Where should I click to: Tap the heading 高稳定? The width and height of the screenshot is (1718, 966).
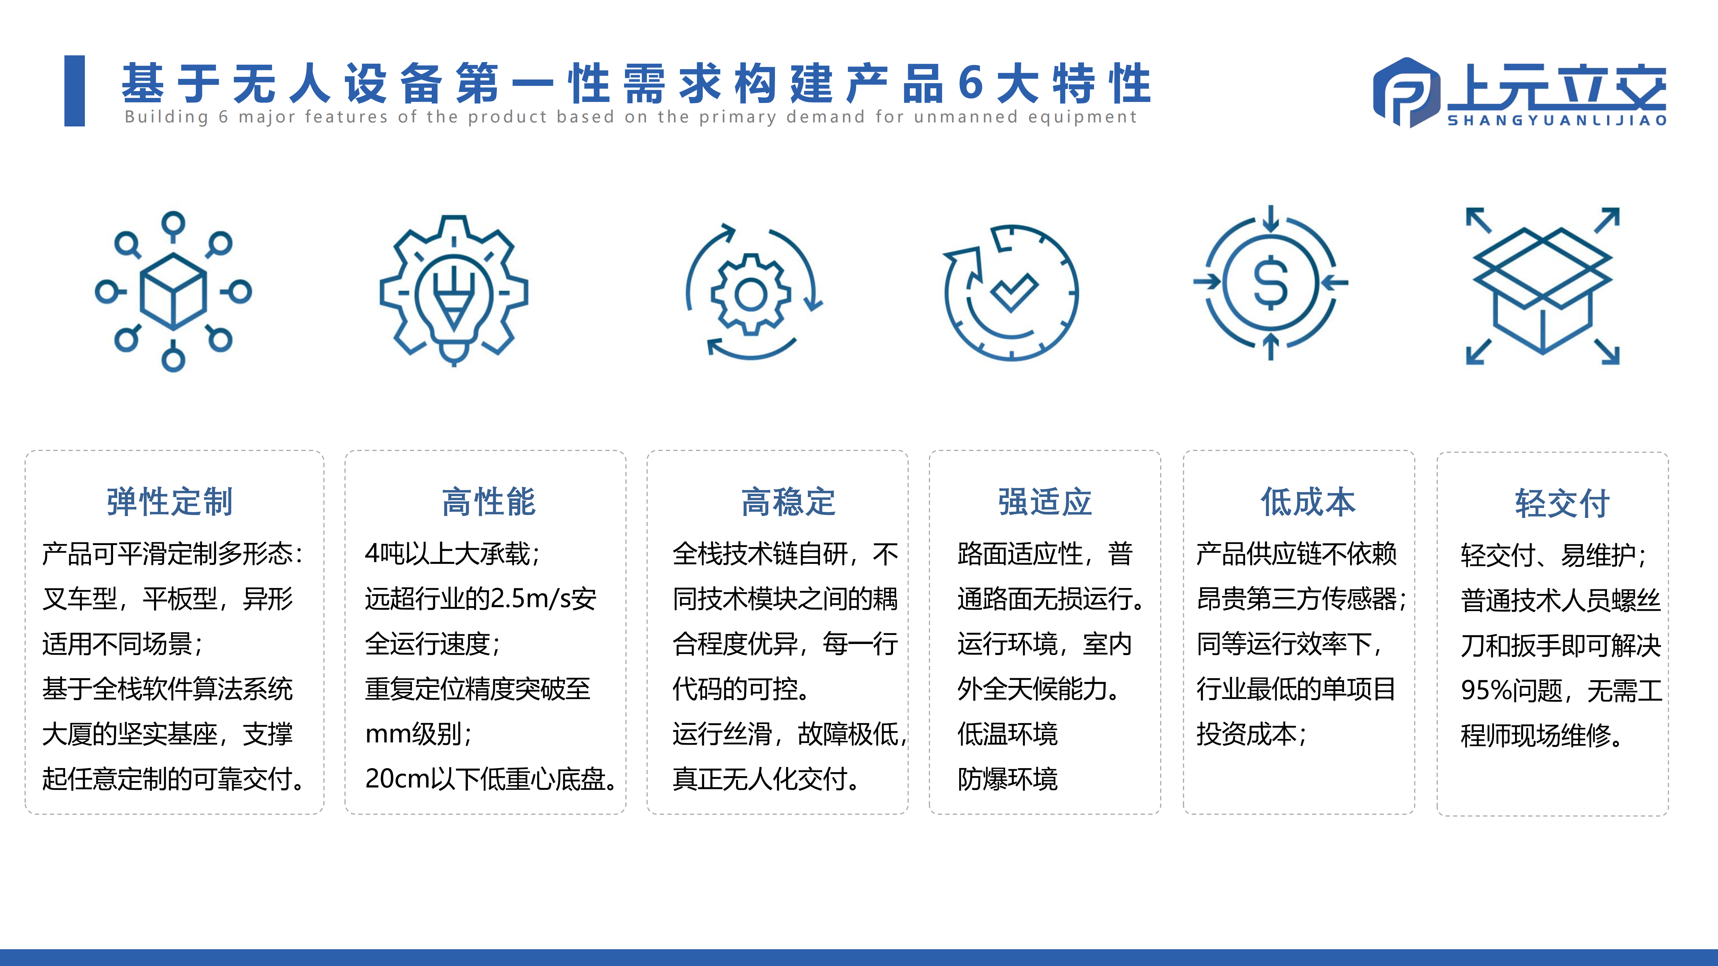click(x=788, y=502)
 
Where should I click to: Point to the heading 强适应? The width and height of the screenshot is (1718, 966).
click(x=1045, y=502)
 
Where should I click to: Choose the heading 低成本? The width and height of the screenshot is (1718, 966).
click(x=1308, y=502)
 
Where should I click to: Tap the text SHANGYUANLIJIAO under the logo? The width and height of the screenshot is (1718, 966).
click(x=1557, y=121)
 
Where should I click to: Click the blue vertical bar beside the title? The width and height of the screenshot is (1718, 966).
click(x=75, y=91)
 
